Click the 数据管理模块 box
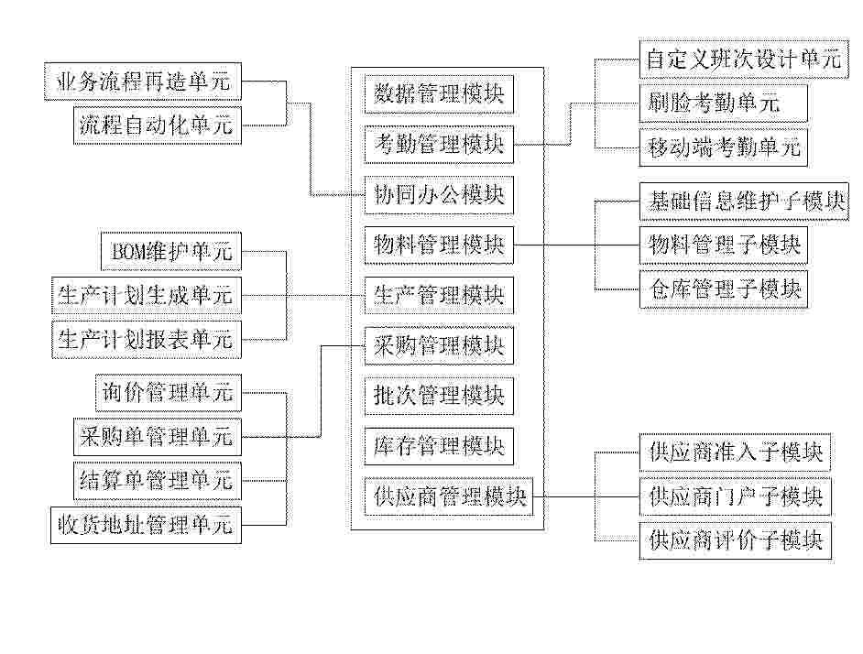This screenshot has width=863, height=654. tap(439, 94)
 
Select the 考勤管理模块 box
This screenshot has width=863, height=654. tap(439, 144)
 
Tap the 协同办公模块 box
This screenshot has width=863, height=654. tap(439, 195)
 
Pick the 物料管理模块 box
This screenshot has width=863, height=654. tap(439, 245)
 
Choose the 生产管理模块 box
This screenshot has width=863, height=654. tap(439, 296)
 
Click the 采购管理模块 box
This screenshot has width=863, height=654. tap(439, 345)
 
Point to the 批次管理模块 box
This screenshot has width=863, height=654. tap(439, 396)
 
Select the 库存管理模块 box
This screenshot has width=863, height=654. tap(439, 446)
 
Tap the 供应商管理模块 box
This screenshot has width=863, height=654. tap(449, 496)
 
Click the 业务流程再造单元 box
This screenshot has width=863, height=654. tap(143, 82)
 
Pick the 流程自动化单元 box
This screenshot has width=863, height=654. tap(158, 125)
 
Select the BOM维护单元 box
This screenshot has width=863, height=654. tap(171, 252)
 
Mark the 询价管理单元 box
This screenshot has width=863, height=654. tap(169, 393)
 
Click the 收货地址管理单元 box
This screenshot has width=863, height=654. tap(146, 525)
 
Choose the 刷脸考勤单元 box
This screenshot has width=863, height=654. tap(723, 103)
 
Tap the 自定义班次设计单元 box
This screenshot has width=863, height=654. tap(744, 59)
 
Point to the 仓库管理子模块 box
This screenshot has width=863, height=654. tap(723, 289)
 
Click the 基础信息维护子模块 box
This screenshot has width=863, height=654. tap(744, 202)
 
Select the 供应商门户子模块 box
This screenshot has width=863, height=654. tap(736, 497)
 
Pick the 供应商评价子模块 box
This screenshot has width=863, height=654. tap(736, 541)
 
